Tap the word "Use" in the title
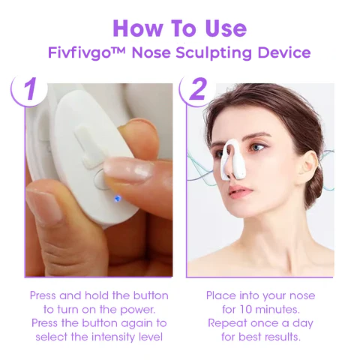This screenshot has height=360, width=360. point(226,28)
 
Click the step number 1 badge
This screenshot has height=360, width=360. point(29,89)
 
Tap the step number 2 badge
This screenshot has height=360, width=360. point(197,89)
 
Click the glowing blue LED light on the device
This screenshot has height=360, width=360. point(117,199)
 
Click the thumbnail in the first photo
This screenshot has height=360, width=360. point(44,205)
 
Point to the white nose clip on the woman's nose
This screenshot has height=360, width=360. point(232,160)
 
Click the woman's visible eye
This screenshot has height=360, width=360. point(257,148)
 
